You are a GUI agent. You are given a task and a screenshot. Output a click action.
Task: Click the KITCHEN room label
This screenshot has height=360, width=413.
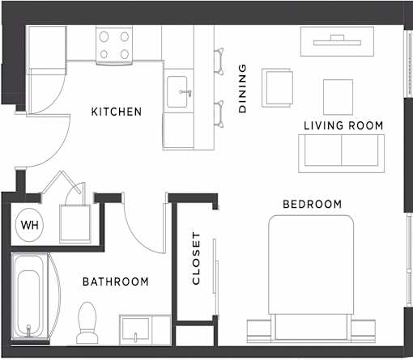tap(117, 112)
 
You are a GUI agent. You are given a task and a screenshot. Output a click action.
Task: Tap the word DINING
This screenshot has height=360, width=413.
tap(242, 88)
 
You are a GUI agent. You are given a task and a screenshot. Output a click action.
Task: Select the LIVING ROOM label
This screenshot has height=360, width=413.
tap(343, 125)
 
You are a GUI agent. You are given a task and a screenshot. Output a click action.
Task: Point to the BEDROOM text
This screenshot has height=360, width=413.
tap(312, 204)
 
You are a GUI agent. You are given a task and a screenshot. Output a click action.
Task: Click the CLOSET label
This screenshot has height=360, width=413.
tap(196, 258)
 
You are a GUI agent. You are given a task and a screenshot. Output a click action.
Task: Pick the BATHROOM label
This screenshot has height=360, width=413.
tap(116, 282)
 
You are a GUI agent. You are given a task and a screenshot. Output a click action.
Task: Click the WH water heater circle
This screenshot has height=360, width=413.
tap(30, 225)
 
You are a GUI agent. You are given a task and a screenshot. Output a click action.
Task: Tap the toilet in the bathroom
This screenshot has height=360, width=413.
tap(87, 323)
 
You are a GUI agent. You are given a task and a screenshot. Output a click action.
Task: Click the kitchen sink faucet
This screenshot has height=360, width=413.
tap(185, 92)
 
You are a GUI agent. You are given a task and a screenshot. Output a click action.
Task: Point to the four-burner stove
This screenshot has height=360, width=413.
tap(114, 45)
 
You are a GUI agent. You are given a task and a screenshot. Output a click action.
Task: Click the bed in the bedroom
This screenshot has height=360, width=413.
tap(311, 278)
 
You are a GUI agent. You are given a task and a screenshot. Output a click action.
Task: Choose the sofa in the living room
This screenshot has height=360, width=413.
tap(342, 154)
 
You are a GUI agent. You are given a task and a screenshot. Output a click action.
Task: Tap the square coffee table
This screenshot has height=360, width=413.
tap(338, 97)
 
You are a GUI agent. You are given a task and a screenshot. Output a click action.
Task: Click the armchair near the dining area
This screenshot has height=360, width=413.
tap(278, 87)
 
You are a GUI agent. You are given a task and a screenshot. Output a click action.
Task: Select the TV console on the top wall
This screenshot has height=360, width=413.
tap(338, 41)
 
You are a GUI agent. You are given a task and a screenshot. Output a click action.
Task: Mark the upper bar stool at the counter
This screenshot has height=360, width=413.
tap(219, 61)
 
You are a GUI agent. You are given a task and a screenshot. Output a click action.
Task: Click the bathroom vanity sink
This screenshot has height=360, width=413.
tap(135, 329)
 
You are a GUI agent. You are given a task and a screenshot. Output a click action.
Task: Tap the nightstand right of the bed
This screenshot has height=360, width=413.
tap(364, 331)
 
